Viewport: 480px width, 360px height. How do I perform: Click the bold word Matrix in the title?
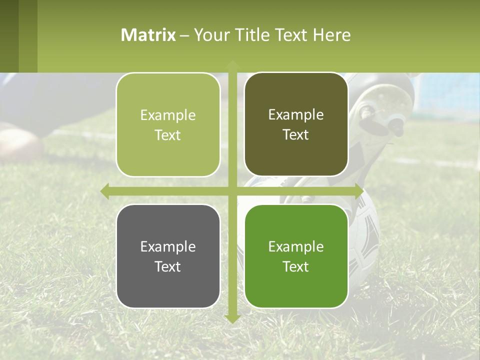[x=148, y=35]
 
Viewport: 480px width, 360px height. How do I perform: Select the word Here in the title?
[x=332, y=35]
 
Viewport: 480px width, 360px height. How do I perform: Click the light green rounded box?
[x=168, y=125]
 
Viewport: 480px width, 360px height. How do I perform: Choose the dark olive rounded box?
[x=296, y=124]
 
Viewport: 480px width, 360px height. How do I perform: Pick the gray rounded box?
[x=168, y=256]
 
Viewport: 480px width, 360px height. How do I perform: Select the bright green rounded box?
[x=296, y=256]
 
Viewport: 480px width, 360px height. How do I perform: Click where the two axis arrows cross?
[x=232, y=191]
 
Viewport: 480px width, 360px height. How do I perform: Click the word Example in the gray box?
[x=168, y=246]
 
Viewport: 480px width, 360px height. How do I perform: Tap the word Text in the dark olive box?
[x=296, y=135]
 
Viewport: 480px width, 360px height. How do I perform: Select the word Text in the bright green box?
[x=296, y=266]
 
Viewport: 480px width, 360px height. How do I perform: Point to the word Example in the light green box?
[x=168, y=115]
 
